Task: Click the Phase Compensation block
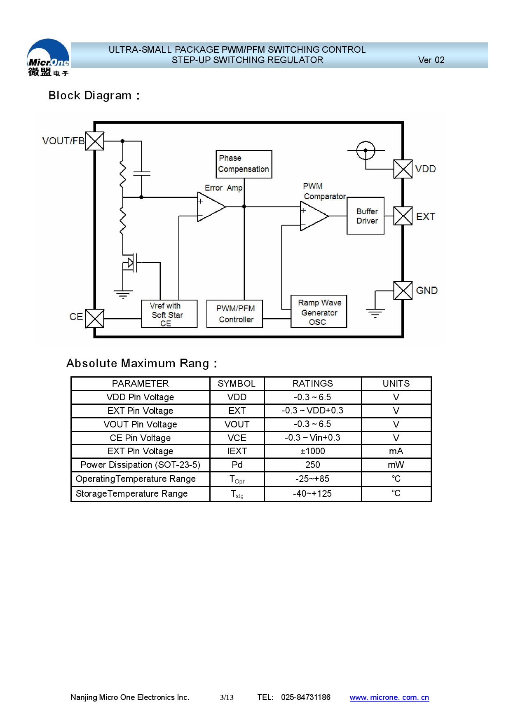(244, 164)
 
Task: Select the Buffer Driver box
(366, 216)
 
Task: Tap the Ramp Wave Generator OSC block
(319, 312)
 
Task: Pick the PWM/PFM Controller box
(234, 314)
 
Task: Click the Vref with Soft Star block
(169, 314)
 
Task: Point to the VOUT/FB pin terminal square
(95, 141)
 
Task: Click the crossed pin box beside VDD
(403, 169)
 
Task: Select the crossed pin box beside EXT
(403, 216)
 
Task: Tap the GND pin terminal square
(403, 291)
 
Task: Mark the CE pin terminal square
(95, 319)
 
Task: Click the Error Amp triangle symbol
(210, 207)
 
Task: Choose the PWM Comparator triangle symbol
(314, 216)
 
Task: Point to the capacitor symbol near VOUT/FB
(141, 174)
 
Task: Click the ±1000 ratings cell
(313, 451)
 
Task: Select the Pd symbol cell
(237, 465)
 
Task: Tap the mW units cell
(396, 465)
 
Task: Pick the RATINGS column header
(313, 384)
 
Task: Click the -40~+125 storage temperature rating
(313, 494)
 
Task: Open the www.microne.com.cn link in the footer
(389, 697)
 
